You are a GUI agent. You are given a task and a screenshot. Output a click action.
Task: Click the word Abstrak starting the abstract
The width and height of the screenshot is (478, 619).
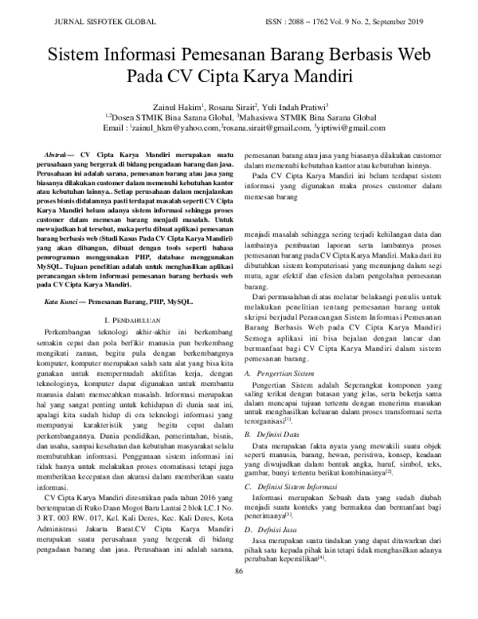click(57, 152)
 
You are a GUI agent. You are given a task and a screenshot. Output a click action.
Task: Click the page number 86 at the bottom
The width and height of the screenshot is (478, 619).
click(238, 593)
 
